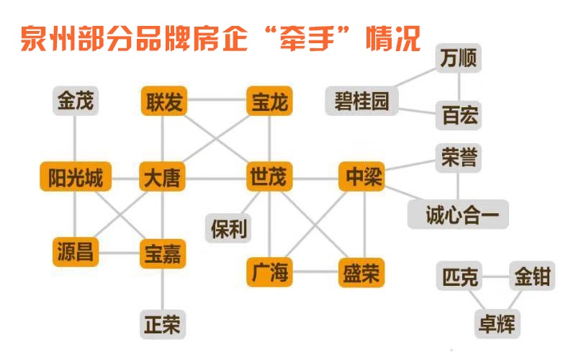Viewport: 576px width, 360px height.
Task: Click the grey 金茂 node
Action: (76, 102)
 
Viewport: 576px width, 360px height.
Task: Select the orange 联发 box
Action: (163, 102)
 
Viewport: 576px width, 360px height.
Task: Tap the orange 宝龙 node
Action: (269, 102)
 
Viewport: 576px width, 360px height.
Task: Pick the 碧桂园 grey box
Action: (361, 102)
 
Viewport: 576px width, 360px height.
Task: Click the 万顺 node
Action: (459, 58)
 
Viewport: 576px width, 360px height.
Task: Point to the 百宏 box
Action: (459, 116)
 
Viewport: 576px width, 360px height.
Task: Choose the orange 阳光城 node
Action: (76, 177)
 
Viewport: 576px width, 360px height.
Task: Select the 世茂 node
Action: (269, 177)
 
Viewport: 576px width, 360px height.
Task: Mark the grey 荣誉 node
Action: (459, 158)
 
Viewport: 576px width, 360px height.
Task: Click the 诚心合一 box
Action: (458, 215)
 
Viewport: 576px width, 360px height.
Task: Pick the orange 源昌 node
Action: (76, 251)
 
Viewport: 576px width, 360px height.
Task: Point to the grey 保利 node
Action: (229, 228)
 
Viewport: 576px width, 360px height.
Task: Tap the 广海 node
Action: (269, 272)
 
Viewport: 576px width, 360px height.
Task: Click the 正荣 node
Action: (161, 323)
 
